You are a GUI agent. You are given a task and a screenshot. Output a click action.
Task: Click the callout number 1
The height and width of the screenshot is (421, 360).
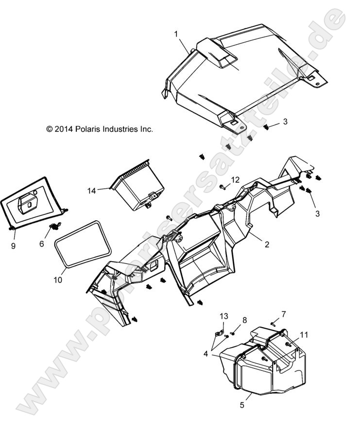pos(176,34)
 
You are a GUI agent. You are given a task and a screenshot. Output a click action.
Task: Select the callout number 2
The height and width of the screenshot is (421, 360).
pos(267,245)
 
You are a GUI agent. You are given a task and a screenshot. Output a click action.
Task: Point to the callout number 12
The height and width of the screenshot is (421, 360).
pos(235,180)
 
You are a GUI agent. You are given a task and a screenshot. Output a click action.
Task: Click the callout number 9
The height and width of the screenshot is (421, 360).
pos(13,246)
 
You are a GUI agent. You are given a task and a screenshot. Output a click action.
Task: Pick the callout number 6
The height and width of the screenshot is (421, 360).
pos(42,244)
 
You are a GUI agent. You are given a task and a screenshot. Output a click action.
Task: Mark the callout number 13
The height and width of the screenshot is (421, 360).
pos(223,316)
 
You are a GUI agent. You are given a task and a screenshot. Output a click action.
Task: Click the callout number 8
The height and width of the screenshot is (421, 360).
pos(244,319)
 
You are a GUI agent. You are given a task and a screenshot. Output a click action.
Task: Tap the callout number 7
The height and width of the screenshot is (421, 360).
pos(284,314)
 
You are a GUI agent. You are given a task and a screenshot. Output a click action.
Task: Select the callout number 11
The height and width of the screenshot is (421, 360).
pos(304,335)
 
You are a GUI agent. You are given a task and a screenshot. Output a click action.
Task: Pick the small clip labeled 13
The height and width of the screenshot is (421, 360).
pos(219,334)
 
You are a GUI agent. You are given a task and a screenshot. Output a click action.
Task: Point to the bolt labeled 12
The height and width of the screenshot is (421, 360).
pos(223,186)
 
